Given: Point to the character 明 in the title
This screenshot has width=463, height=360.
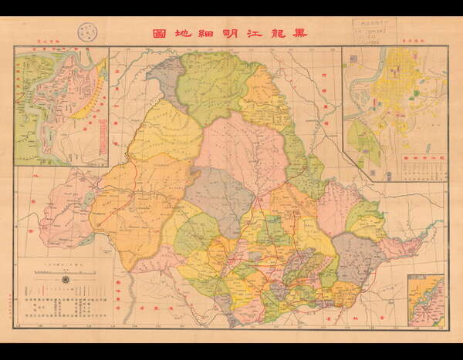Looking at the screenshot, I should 231,33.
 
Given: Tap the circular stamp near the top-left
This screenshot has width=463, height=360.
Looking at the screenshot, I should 86,33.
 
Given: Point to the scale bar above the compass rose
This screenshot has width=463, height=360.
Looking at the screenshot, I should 66,269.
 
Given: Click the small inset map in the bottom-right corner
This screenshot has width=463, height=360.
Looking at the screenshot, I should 426,300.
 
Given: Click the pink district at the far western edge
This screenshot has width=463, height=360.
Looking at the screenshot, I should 66,208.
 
